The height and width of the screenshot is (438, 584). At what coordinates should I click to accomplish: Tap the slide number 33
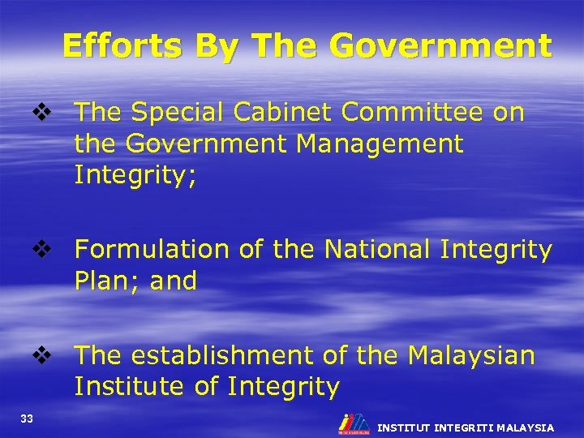(28, 419)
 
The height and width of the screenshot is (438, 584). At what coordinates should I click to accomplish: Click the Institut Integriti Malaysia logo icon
(354, 423)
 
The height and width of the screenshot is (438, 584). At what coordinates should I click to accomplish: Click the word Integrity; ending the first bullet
(135, 175)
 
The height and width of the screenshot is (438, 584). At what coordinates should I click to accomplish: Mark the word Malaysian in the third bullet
(471, 355)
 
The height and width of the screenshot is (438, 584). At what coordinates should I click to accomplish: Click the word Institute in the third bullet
(130, 386)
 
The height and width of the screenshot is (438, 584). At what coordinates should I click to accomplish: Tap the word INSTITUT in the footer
(404, 427)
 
